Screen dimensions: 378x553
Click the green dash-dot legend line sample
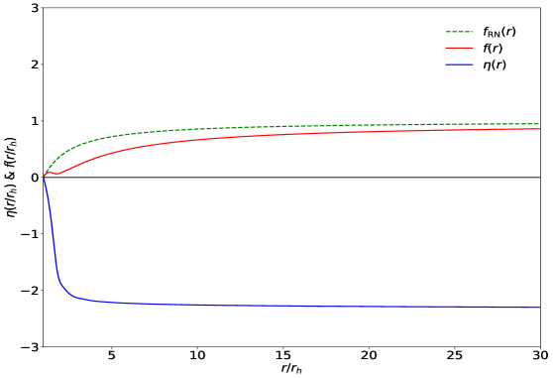(459, 32)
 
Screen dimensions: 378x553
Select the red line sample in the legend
(459, 48)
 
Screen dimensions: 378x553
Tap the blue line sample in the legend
(459, 64)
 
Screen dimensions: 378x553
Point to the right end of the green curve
(538, 124)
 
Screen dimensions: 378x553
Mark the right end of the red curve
(538, 129)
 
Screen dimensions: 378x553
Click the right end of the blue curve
(538, 308)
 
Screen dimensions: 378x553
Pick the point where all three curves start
(44, 176)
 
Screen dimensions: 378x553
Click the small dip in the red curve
(57, 174)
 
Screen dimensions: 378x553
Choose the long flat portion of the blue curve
(297, 306)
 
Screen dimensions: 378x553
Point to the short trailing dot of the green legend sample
(471, 32)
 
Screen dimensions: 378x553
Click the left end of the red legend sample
(446, 48)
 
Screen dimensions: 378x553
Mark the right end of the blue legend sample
(473, 64)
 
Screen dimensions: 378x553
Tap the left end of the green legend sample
(446, 32)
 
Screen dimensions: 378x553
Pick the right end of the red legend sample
(473, 48)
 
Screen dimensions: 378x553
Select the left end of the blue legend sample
(446, 64)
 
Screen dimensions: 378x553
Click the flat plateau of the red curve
(347, 133)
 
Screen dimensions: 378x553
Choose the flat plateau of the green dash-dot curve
(347, 126)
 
